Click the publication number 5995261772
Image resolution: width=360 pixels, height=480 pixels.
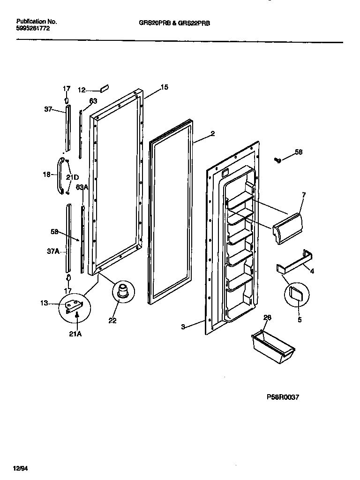click(33, 29)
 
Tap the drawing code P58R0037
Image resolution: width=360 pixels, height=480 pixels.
click(283, 397)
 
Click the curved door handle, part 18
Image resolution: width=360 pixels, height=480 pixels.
click(60, 175)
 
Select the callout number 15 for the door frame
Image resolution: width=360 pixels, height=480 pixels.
click(164, 87)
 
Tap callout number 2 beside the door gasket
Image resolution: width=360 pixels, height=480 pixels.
click(212, 134)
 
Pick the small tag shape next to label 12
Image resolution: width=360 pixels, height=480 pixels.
click(105, 89)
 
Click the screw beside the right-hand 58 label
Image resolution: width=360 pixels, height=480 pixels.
click(277, 161)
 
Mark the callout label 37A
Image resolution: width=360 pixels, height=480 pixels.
click(53, 251)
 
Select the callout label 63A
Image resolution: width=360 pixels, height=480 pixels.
click(82, 187)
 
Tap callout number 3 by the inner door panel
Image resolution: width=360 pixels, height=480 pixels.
click(183, 326)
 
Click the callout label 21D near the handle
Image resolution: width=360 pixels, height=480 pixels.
click(72, 177)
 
